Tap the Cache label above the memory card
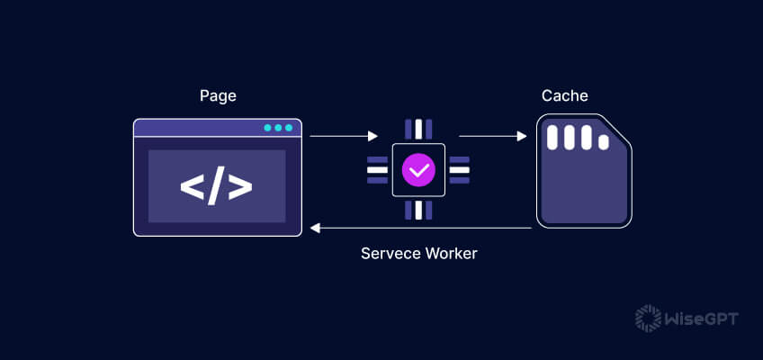point(563,95)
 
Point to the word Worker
point(452,254)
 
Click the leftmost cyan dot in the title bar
point(267,128)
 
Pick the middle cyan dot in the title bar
point(278,128)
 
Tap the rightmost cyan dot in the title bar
point(289,128)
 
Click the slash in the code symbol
point(217,186)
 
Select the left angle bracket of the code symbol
point(192,186)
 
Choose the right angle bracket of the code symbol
point(241,186)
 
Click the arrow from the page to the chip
point(343,137)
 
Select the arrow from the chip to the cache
point(492,137)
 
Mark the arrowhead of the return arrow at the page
point(315,228)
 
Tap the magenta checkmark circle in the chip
point(418,168)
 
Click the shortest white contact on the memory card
point(602,142)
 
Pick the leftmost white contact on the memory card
point(554,138)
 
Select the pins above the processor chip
point(418,129)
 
